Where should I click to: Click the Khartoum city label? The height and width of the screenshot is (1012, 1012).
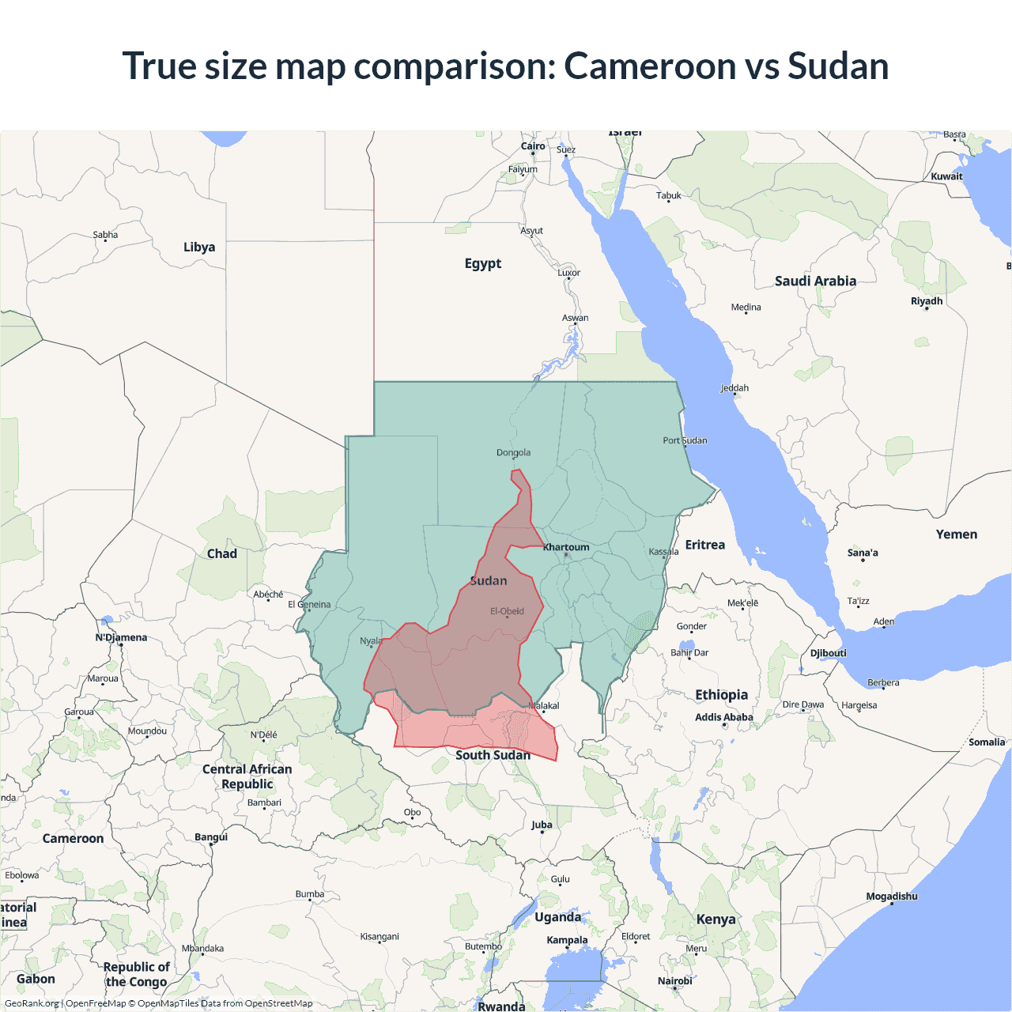point(566,547)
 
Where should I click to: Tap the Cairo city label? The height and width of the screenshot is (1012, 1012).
point(533,146)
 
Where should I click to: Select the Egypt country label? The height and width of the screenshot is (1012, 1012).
point(482,263)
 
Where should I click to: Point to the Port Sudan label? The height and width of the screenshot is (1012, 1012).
point(685,440)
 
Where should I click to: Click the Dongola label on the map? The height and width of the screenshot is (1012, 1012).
point(513,453)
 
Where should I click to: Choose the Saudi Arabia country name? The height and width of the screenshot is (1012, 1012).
point(815,281)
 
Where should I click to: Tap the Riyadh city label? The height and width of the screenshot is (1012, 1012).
point(927,301)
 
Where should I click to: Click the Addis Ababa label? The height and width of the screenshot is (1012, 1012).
point(723,717)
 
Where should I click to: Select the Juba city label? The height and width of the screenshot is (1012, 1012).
point(542,825)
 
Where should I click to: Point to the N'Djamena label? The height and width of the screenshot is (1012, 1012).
point(121,637)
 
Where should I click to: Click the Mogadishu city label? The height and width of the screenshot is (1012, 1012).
point(892,897)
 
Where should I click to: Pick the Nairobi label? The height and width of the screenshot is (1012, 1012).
point(674,981)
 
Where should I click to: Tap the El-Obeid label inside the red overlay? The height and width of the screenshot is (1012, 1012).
point(507,611)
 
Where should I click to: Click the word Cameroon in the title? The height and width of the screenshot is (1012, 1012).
point(649,66)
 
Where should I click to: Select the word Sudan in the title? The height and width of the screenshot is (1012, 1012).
point(838,66)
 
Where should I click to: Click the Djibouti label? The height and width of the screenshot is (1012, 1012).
point(828,653)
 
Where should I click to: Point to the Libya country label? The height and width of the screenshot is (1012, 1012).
point(199,247)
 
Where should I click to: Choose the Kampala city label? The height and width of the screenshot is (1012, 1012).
point(567,940)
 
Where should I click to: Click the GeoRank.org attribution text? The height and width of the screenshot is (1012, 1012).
point(32,1003)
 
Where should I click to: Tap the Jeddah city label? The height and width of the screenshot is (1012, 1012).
point(734,388)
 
